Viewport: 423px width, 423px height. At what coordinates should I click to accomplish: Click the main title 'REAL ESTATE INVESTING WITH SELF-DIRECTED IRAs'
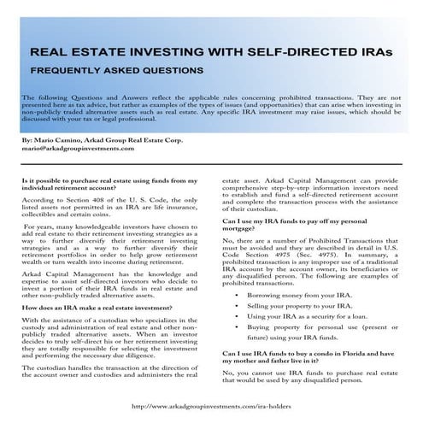click(212, 50)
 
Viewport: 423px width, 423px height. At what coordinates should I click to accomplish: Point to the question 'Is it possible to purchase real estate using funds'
click(108, 186)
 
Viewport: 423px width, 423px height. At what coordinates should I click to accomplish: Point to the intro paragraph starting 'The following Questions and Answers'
click(210, 109)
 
